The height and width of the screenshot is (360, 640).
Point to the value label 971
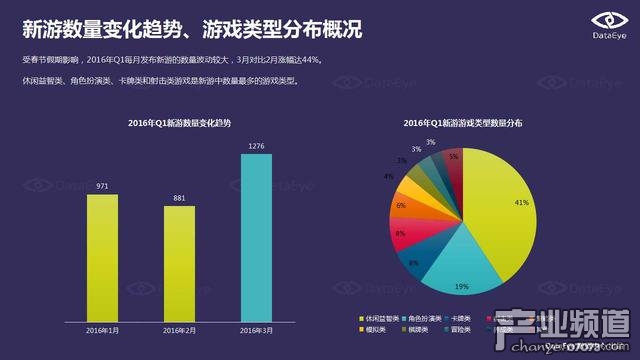102,185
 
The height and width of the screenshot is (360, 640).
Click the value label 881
179,197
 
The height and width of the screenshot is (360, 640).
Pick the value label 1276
256,148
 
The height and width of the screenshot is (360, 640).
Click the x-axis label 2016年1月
102,330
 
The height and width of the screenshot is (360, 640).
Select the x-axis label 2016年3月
256,330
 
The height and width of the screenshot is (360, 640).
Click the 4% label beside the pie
388,176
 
